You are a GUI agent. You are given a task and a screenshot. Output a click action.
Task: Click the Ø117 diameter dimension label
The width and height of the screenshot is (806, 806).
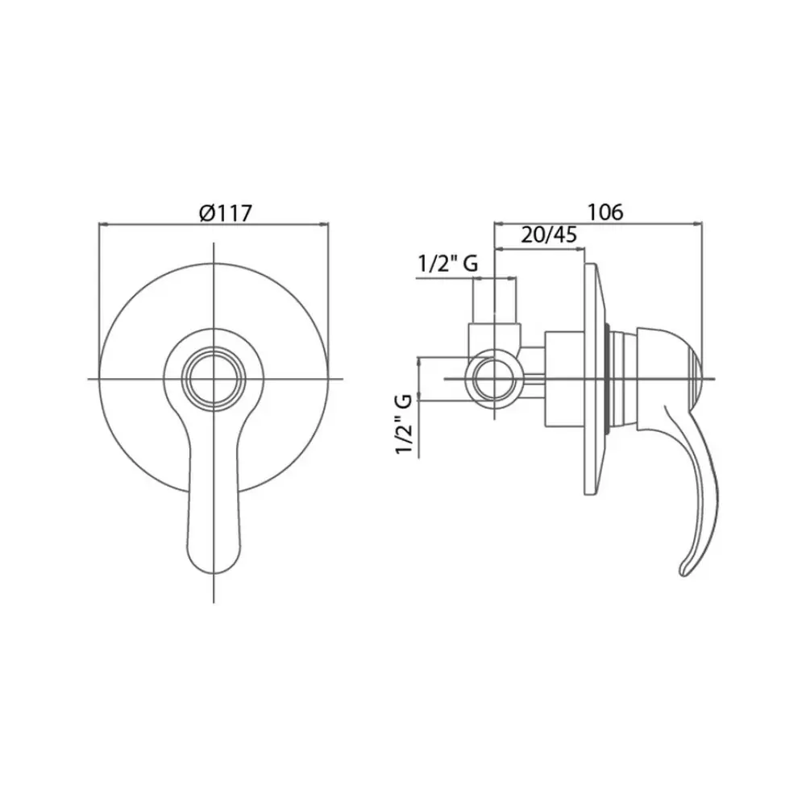click(226, 212)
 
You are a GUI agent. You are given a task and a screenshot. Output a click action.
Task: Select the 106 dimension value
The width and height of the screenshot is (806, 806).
click(605, 211)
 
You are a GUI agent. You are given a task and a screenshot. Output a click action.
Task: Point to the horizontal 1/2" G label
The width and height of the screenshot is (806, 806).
click(447, 264)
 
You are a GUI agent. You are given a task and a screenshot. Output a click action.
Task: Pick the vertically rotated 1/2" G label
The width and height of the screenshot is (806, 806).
click(405, 424)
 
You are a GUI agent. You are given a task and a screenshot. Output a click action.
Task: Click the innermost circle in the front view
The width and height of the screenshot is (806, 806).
click(214, 380)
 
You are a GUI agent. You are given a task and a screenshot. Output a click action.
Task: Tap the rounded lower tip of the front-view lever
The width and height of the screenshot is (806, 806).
click(214, 570)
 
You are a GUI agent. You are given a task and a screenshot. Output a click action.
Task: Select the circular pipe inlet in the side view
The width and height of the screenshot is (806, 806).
click(494, 379)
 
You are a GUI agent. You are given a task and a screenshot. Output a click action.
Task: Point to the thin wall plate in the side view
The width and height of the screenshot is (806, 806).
click(590, 380)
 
